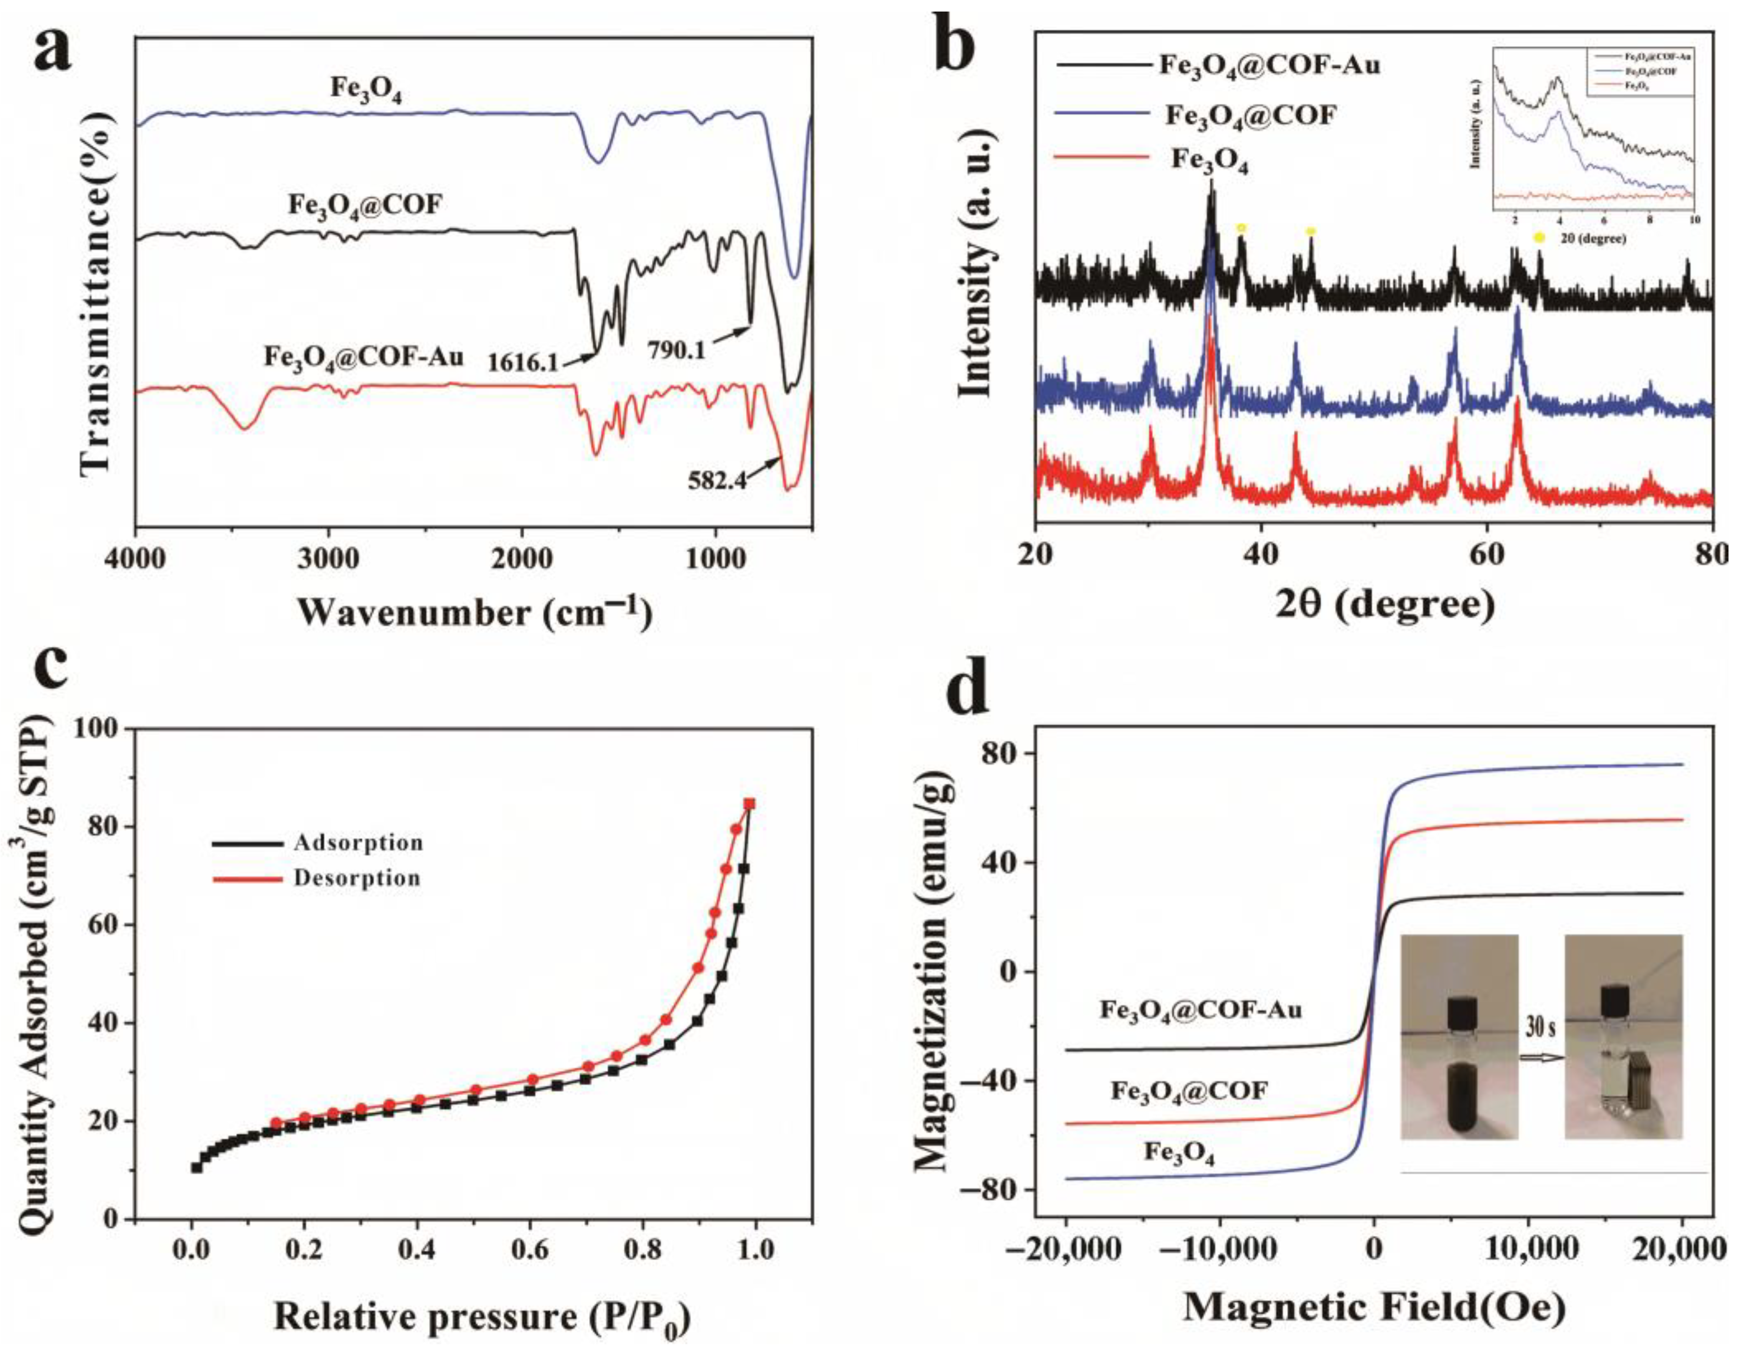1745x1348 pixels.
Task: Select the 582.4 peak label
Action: pos(717,480)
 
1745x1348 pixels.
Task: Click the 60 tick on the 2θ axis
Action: pos(1487,552)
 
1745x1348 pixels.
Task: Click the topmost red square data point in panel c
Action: pos(750,804)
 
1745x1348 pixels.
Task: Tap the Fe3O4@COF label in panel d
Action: pos(1189,1112)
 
